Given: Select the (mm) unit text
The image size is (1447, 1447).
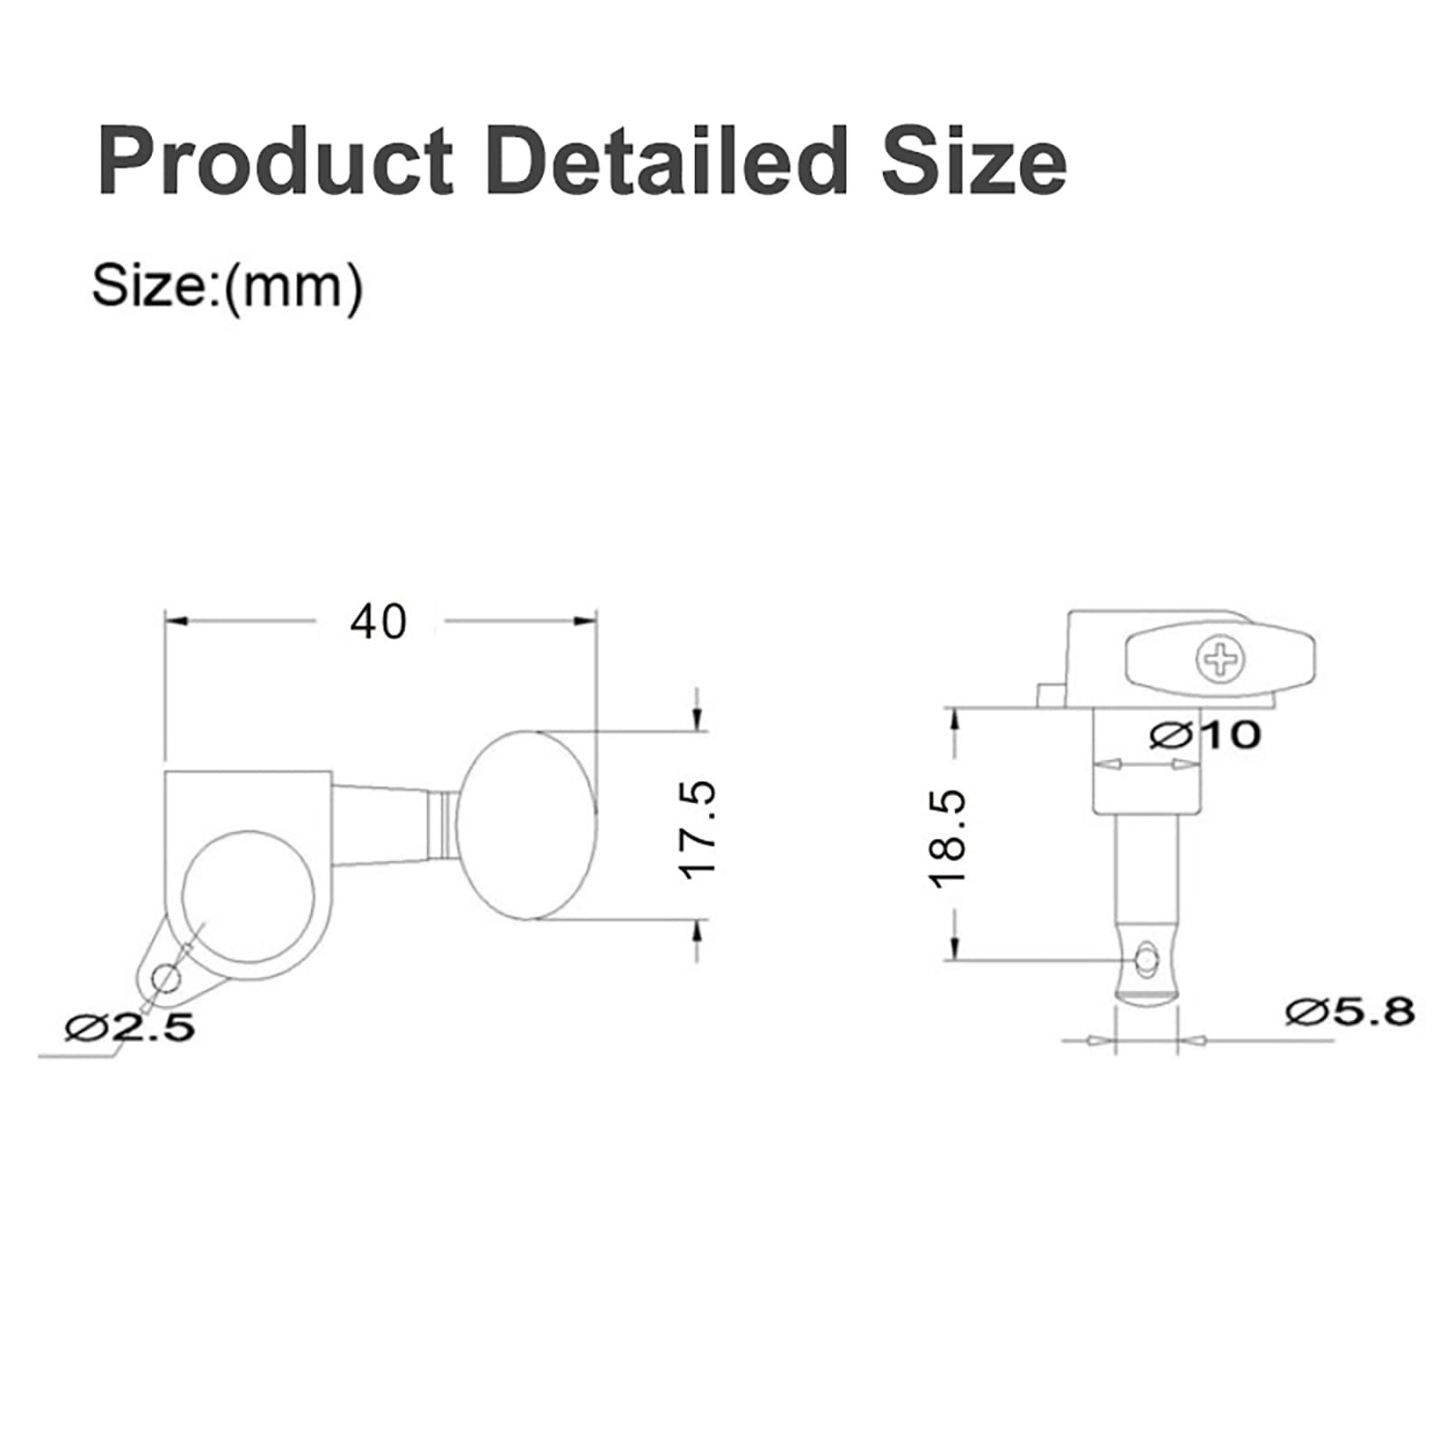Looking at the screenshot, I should [293, 287].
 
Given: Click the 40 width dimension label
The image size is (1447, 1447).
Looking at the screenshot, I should [379, 621].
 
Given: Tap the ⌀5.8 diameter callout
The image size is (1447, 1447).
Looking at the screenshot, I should [1349, 1011].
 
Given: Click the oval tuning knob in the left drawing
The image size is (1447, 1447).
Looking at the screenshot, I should [527, 828].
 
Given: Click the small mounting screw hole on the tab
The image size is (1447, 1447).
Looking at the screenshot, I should [166, 977].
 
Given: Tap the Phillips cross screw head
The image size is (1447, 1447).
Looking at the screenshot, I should [1220, 660].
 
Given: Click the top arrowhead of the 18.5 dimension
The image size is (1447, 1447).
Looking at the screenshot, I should [953, 719].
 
